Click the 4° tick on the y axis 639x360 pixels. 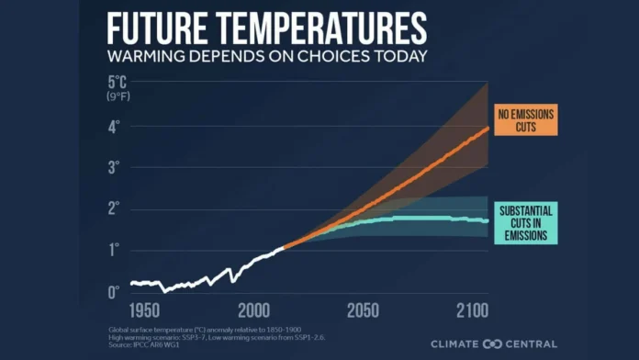(x=114, y=128)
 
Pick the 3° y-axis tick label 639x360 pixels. (x=114, y=168)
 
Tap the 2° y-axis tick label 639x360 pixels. (x=114, y=208)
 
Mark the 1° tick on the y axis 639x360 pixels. (x=114, y=250)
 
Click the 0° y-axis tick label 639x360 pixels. (x=114, y=291)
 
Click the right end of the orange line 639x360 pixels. (x=487, y=128)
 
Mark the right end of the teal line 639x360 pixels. (x=487, y=220)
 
